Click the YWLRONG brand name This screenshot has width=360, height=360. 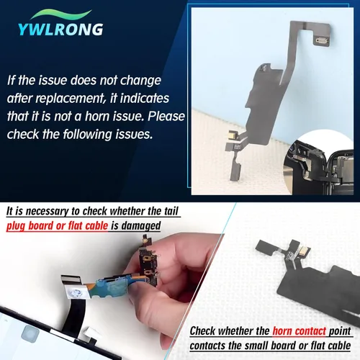(62, 30)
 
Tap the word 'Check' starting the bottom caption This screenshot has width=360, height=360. (207, 331)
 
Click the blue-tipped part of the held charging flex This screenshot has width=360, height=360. (122, 288)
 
